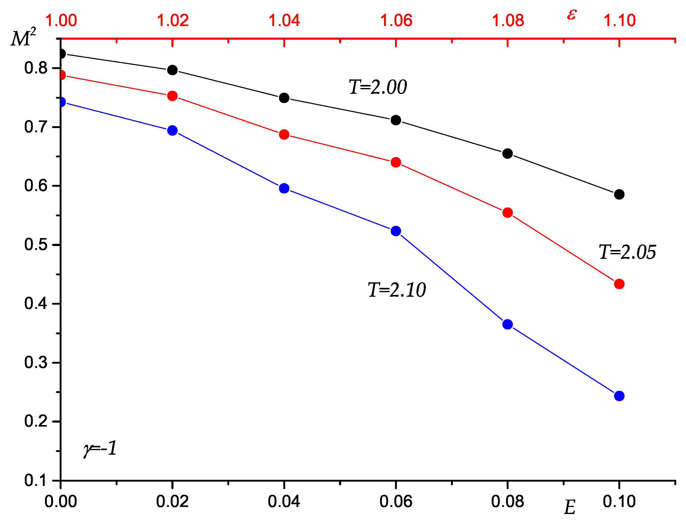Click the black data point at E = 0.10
pyautogui.click(x=619, y=194)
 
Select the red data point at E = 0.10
pyautogui.click(x=619, y=284)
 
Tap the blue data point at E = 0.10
pyautogui.click(x=619, y=396)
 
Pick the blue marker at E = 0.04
pyautogui.click(x=284, y=189)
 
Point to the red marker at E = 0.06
pyautogui.click(x=396, y=163)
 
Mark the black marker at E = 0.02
pyautogui.click(x=172, y=70)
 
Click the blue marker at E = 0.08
pyautogui.click(x=507, y=324)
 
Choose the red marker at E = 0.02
pyautogui.click(x=172, y=96)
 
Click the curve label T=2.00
pyautogui.click(x=378, y=87)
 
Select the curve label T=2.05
pyautogui.click(x=627, y=252)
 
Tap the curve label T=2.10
pyautogui.click(x=397, y=290)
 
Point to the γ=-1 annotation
pyautogui.click(x=100, y=448)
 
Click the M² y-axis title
pyautogui.click(x=24, y=38)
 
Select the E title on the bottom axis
pyautogui.click(x=570, y=508)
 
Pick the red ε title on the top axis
pyautogui.click(x=572, y=15)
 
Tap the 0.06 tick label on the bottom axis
pyautogui.click(x=396, y=501)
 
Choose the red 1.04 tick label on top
pyautogui.click(x=284, y=20)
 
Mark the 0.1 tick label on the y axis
pyautogui.click(x=35, y=480)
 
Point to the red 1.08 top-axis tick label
pyautogui.click(x=508, y=20)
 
